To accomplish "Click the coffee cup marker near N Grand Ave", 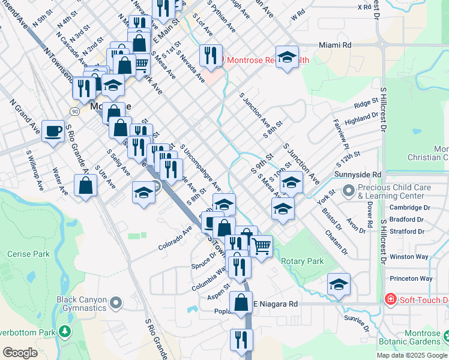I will pyautogui.click(x=53, y=130).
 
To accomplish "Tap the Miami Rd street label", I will pyautogui.click(x=335, y=45).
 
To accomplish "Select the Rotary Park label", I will pyautogui.click(x=303, y=261).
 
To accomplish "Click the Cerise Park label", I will pyautogui.click(x=28, y=254).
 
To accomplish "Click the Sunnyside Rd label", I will pyautogui.click(x=360, y=175).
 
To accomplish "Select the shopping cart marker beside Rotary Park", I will pyautogui.click(x=261, y=246).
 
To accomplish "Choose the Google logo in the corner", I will pyautogui.click(x=20, y=353).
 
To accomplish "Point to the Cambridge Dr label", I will pyautogui.click(x=410, y=208).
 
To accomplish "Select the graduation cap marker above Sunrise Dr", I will pyautogui.click(x=339, y=284).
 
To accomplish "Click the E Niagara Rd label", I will pyautogui.click(x=274, y=304).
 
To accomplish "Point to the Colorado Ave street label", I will pyautogui.click(x=175, y=238).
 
